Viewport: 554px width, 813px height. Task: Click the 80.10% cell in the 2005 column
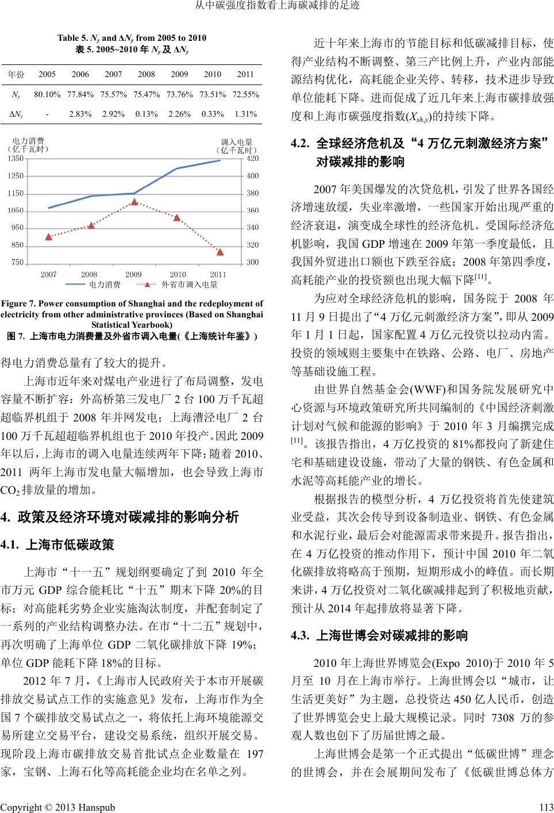[x=47, y=94]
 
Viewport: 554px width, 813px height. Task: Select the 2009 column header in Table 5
[x=179, y=74]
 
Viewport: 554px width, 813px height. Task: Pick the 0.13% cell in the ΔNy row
[x=147, y=114]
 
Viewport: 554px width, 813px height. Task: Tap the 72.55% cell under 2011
[x=245, y=94]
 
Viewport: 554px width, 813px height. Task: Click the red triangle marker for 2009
[x=134, y=202]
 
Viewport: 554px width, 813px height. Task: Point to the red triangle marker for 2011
[x=220, y=252]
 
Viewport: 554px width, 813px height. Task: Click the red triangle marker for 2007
[x=48, y=236]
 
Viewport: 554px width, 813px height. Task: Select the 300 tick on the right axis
[x=252, y=263]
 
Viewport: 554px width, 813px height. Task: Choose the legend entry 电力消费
[x=104, y=284]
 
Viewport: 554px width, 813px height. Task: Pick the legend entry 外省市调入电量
[x=189, y=284]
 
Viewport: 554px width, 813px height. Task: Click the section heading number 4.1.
[x=11, y=544]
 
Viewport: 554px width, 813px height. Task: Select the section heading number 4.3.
[x=301, y=636]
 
